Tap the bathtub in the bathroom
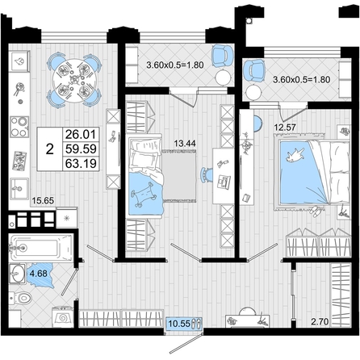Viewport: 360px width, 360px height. [41, 247]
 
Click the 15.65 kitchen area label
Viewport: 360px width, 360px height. [43, 200]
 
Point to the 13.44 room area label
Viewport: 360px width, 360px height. [185, 144]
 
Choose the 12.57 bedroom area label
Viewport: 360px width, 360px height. [285, 127]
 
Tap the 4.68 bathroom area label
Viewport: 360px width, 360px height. [39, 274]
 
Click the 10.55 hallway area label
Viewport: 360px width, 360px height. [179, 323]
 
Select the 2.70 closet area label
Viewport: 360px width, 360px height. [320, 321]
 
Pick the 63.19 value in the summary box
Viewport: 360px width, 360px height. [81, 163]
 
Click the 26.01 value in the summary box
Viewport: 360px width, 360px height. [81, 134]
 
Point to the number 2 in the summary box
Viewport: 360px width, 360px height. [50, 149]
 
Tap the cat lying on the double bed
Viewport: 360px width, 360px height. [296, 155]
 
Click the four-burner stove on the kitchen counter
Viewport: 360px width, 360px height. [19, 127]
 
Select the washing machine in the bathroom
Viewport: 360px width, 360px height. [63, 317]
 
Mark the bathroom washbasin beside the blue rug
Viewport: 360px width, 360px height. [17, 274]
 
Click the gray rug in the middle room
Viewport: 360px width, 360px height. [179, 176]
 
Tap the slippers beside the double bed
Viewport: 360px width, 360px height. [316, 211]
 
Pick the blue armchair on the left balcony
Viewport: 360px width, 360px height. [222, 56]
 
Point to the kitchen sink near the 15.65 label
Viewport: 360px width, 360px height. [19, 189]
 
